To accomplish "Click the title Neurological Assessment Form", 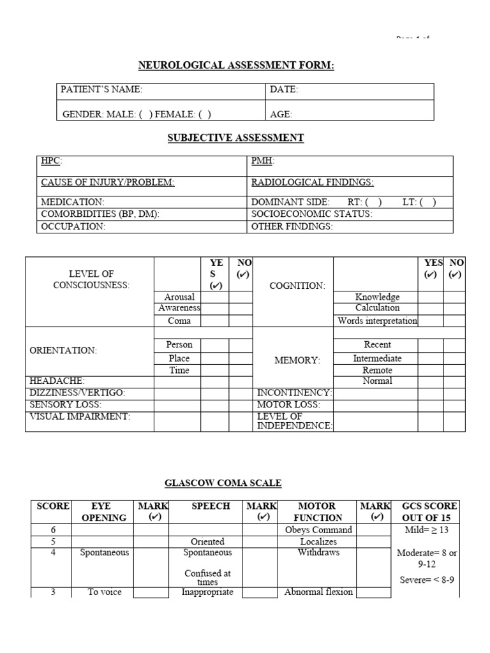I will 237,66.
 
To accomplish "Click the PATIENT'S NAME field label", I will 101,90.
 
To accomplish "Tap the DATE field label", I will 284,90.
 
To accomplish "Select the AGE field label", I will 281,114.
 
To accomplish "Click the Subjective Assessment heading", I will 235,138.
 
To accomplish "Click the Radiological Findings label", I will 312,182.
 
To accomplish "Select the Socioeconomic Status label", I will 311,214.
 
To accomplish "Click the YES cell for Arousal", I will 215,297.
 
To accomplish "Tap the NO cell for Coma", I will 241,321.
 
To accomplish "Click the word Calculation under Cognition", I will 377,309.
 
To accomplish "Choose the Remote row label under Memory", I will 377,370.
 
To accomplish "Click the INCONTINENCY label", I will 294,393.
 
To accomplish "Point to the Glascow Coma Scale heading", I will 223,483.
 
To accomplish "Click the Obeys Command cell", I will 318,530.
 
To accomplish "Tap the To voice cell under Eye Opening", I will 105,592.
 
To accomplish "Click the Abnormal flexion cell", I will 318,592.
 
